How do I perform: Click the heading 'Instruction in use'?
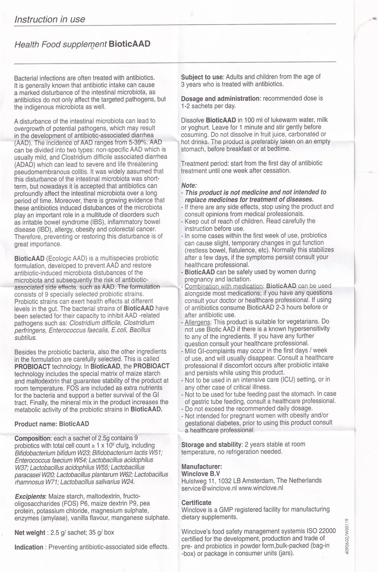(50, 20)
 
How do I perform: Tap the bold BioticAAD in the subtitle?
(129, 44)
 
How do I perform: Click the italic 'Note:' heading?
(189, 185)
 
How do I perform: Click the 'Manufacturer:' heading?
(201, 466)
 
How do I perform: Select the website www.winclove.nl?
(261, 488)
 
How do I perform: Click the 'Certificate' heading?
(196, 503)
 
